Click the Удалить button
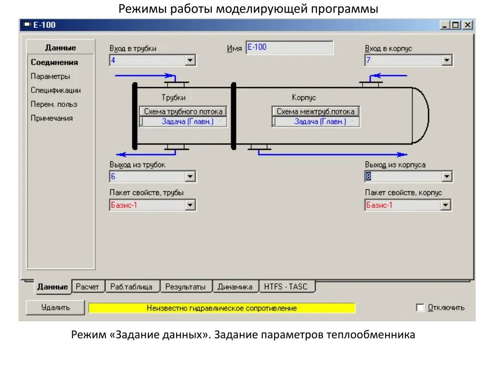(55, 307)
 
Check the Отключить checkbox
(420, 307)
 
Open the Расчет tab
(87, 287)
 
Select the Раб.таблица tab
(131, 287)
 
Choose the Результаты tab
(185, 287)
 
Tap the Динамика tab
(235, 287)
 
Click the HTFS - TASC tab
(287, 287)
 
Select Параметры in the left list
(51, 76)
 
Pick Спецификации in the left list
(56, 90)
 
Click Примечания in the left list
(52, 118)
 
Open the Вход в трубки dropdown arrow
(191, 61)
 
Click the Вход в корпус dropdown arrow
(447, 61)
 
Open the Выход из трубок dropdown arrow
(191, 177)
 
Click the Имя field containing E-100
(289, 48)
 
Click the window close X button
(467, 25)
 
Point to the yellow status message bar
(221, 308)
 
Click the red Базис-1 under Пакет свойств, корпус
(402, 205)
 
